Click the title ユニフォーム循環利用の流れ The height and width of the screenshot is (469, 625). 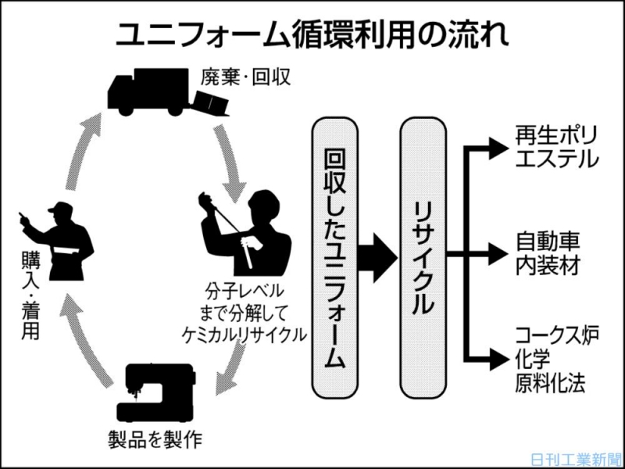click(x=312, y=33)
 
